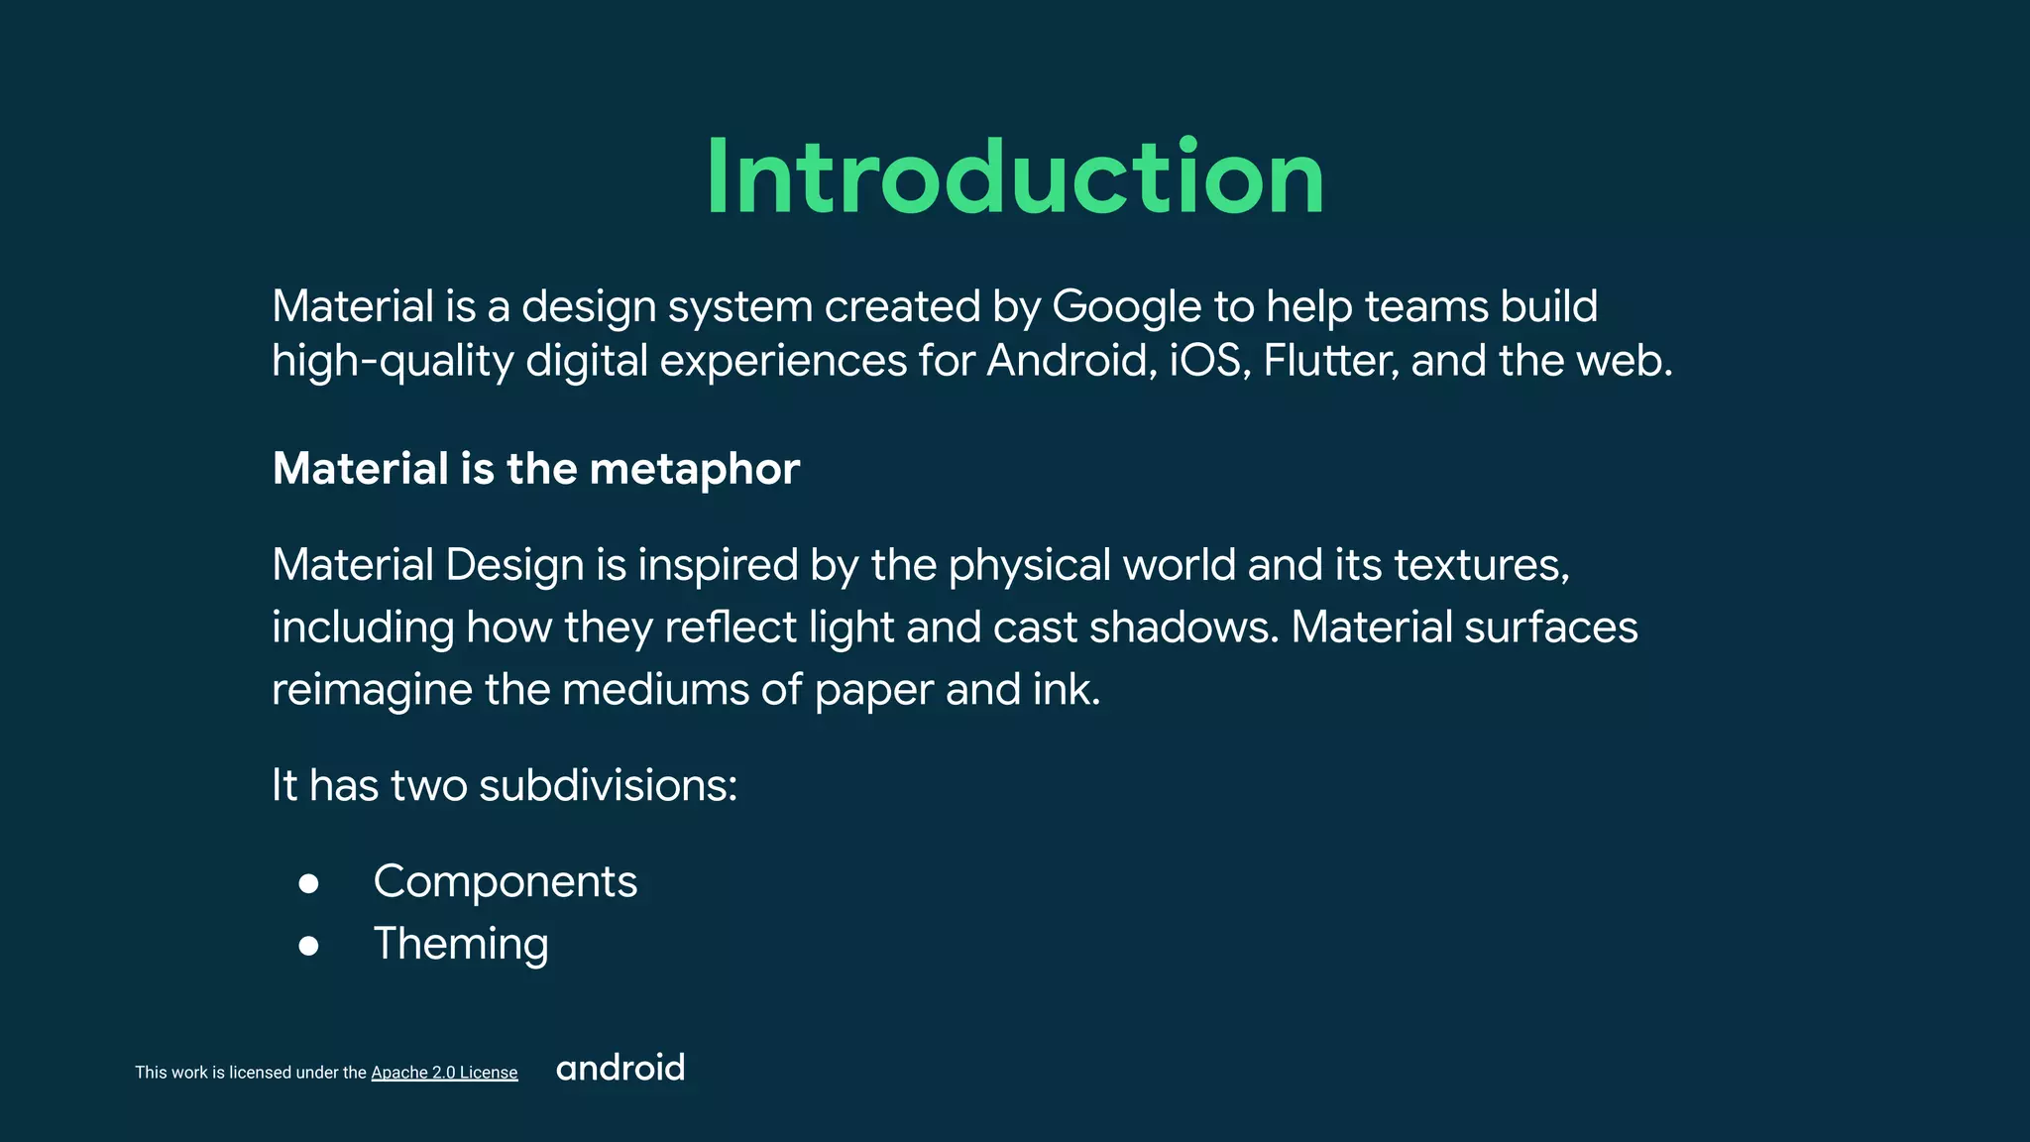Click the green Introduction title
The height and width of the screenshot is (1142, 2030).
coord(1015,178)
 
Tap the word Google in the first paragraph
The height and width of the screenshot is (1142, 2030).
coord(1127,306)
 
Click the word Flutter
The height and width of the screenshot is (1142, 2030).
coord(1331,361)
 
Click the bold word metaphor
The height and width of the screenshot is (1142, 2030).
coord(694,469)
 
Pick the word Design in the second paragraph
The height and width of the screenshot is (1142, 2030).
coord(514,565)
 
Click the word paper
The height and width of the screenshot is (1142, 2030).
coord(873,691)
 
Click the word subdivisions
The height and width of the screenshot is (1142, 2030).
coord(608,785)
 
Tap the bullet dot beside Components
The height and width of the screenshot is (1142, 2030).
coord(309,883)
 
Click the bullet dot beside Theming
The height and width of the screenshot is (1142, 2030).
coord(309,946)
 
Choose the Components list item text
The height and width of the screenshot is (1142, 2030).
coord(506,881)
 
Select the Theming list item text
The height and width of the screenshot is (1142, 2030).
coord(461,944)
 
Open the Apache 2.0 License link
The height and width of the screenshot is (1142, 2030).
coord(444,1073)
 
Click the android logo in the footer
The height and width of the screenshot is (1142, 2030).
coord(620,1068)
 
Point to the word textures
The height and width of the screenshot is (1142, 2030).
coord(1481,565)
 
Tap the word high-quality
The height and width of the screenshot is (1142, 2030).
coord(393,361)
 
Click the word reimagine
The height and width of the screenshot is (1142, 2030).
coord(372,691)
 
